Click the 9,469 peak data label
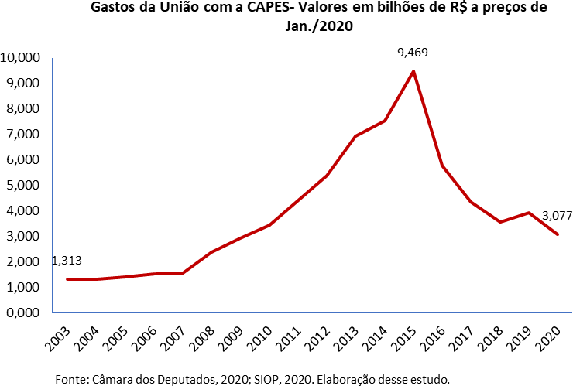coord(412,53)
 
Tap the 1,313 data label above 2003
coord(67,261)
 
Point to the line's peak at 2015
coord(413,71)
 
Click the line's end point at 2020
coord(558,234)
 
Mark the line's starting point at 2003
coord(67,279)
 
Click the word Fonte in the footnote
coord(71,379)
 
